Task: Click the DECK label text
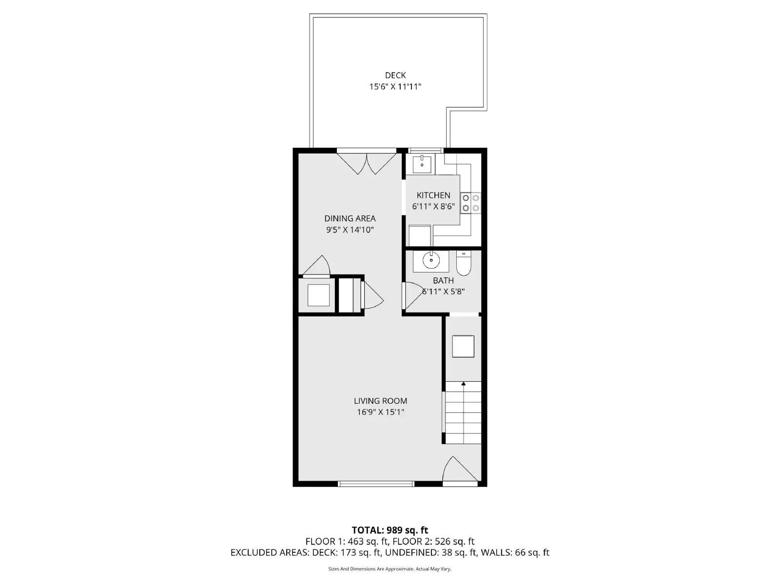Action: coord(395,76)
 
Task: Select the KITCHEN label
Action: coord(433,195)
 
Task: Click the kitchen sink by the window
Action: coord(422,164)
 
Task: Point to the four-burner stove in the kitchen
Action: coord(471,203)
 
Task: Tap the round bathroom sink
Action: coord(431,260)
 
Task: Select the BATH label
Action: coord(443,280)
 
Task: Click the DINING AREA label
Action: coord(350,218)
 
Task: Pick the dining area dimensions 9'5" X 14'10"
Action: coord(350,230)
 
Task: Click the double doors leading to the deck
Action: coord(367,163)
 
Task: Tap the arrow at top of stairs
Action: coord(463,385)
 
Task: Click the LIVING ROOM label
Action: coord(380,401)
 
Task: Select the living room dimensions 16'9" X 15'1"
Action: coord(380,412)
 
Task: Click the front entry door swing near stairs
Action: coord(458,470)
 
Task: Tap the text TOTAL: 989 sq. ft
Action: coord(390,530)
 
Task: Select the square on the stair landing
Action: coord(463,346)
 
